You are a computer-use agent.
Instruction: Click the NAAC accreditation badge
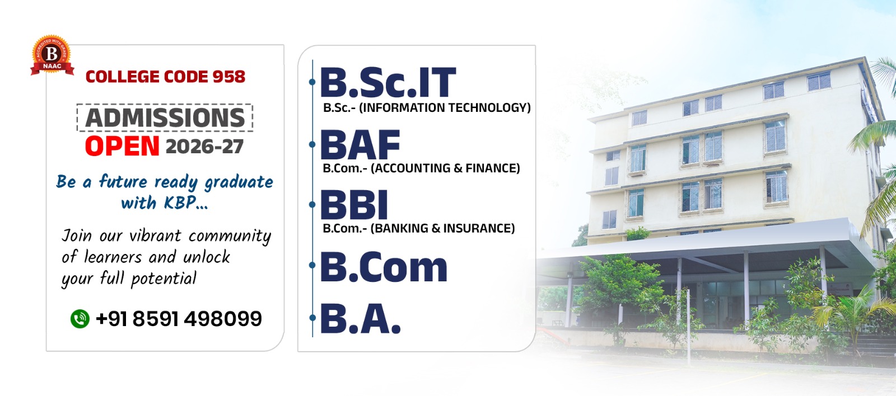(x=52, y=55)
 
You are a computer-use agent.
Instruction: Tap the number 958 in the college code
(x=229, y=77)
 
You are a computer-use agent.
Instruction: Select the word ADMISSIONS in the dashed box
(x=165, y=117)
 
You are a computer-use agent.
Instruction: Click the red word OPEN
(x=122, y=146)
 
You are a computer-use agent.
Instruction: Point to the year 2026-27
(x=204, y=147)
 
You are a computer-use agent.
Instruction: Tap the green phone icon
(x=80, y=319)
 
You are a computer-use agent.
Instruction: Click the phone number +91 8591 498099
(x=179, y=319)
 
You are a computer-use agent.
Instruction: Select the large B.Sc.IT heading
(x=388, y=82)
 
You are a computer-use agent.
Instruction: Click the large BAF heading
(x=360, y=145)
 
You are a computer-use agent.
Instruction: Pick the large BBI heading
(x=354, y=205)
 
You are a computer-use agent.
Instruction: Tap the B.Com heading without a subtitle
(x=384, y=267)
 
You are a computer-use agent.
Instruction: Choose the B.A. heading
(x=361, y=318)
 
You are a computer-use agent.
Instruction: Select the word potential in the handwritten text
(x=164, y=279)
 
